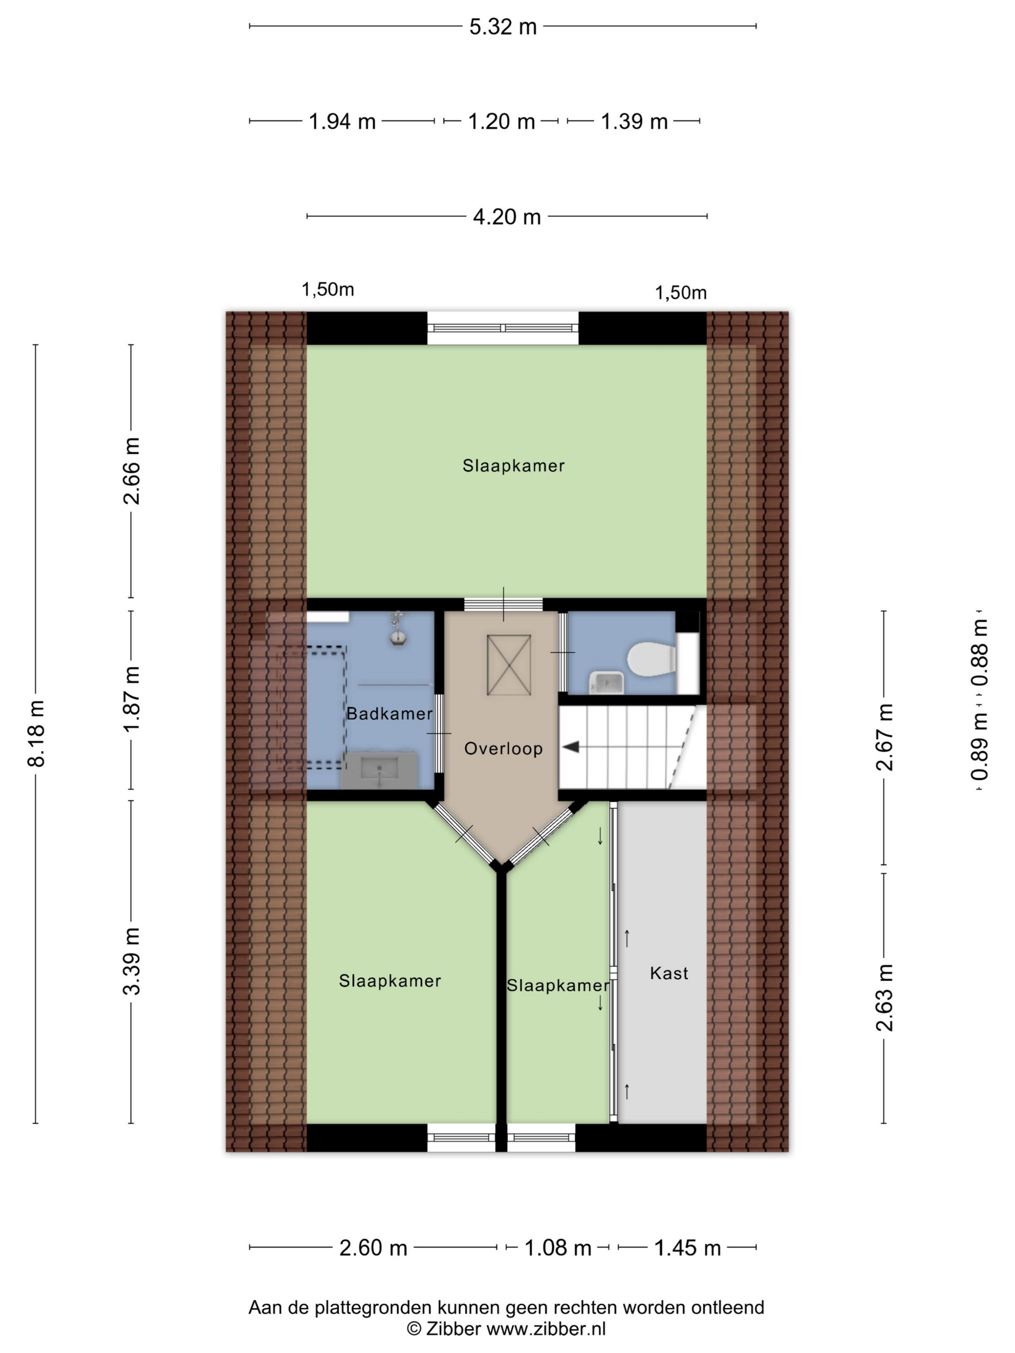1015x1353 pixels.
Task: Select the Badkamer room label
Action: pos(389,713)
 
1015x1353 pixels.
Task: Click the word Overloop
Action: pos(503,748)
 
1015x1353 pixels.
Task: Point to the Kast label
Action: pos(669,973)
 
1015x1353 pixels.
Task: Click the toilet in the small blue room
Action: pos(651,659)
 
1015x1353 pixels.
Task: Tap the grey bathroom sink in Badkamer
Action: pos(379,769)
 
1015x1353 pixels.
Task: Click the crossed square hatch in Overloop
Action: pos(508,665)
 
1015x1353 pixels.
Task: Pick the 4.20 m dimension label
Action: pos(507,217)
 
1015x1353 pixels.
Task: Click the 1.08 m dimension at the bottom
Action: pos(557,1248)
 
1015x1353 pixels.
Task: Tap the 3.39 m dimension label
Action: pos(131,962)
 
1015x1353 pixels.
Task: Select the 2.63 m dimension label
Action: pos(884,998)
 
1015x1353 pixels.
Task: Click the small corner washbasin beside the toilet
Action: pos(606,682)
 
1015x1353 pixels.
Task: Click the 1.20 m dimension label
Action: pos(501,122)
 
